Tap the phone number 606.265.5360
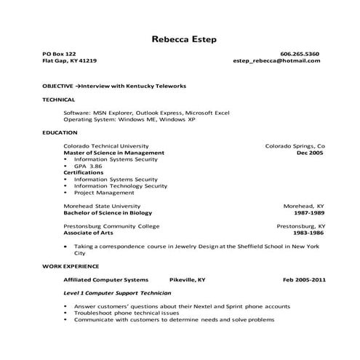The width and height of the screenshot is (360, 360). point(299,55)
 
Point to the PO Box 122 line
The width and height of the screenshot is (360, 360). point(59,55)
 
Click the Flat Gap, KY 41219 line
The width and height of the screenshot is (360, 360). point(69,62)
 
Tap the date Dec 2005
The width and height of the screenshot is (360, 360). point(310,153)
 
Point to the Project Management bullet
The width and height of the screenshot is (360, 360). point(105,193)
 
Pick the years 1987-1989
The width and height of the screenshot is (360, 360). point(309,213)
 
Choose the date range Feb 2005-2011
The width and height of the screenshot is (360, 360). point(304,279)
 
